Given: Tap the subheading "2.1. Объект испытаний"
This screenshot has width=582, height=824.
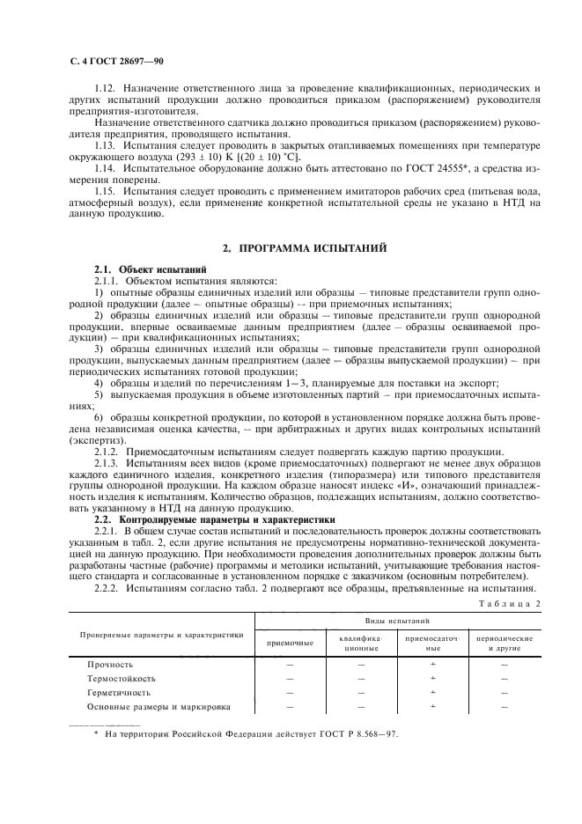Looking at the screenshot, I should pos(150,269).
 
